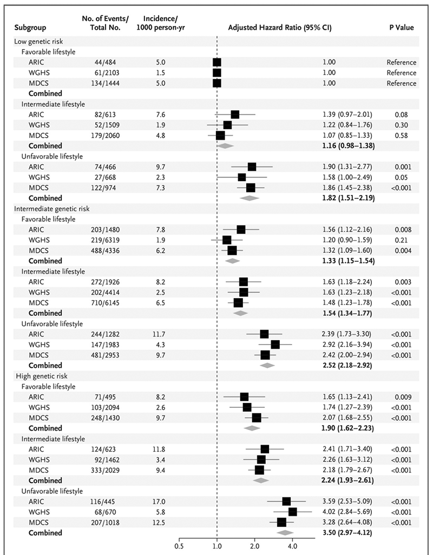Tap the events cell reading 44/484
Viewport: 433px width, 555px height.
pos(104,62)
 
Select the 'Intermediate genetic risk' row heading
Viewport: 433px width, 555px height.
pos(52,208)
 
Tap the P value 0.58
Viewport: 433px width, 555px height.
pos(401,135)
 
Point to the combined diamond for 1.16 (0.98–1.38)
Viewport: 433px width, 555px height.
pos(225,146)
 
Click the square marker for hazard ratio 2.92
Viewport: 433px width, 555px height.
pos(275,345)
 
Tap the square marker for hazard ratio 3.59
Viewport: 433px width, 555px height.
pos(286,501)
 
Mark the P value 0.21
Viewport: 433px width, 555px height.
pos(401,240)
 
